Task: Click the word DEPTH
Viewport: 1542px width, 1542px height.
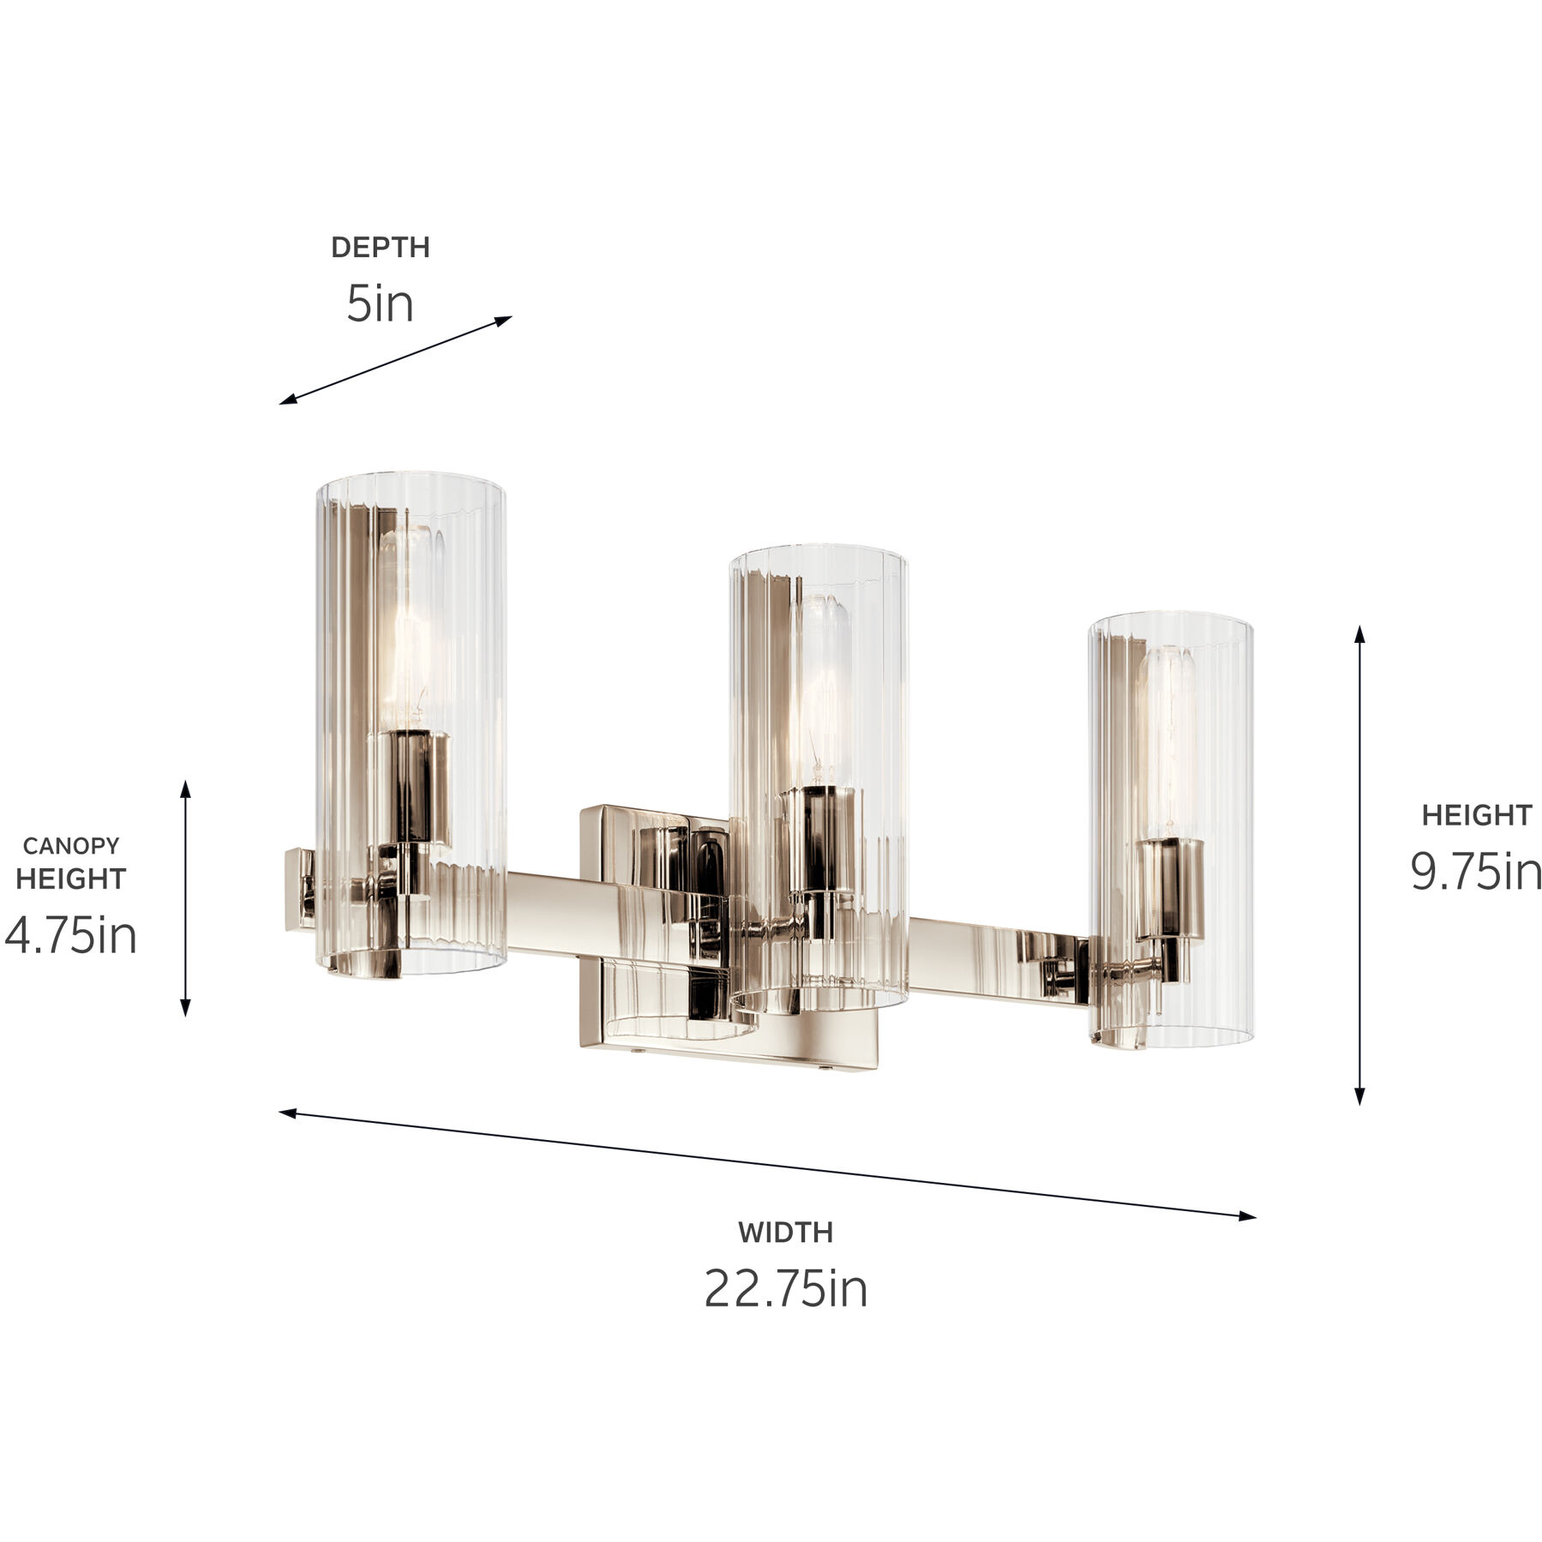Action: (380, 248)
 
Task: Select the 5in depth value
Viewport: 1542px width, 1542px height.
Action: (380, 303)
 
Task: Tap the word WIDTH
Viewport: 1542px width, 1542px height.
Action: (785, 1233)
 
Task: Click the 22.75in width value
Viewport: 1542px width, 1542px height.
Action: (785, 1288)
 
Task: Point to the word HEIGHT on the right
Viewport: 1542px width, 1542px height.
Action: (1476, 815)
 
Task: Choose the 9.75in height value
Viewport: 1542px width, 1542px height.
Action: (1476, 871)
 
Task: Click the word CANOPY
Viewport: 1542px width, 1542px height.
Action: (70, 846)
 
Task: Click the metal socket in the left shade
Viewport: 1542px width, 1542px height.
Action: (410, 784)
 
